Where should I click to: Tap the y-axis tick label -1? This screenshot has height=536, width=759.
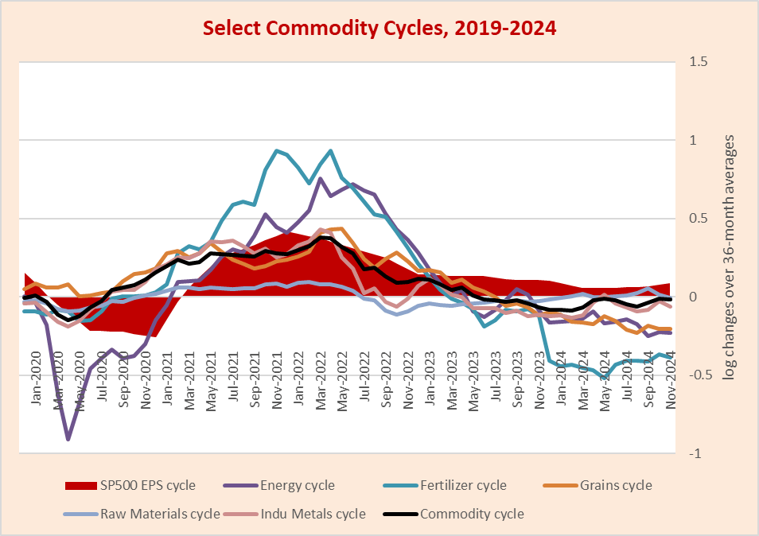point(695,453)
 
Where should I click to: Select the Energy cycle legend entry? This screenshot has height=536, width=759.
point(297,485)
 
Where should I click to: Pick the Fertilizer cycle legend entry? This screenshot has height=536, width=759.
point(464,485)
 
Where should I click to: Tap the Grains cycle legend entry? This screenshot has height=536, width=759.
point(614,485)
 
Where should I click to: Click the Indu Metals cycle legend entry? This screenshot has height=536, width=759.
point(313,514)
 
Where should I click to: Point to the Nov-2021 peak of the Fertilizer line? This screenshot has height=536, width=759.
point(276,150)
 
